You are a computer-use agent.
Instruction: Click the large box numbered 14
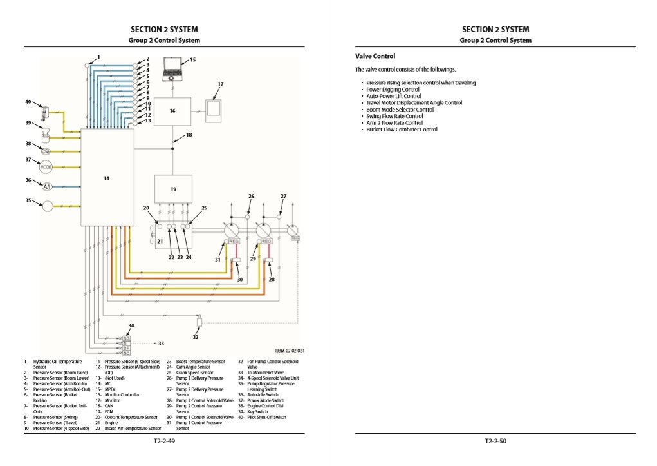click(107, 177)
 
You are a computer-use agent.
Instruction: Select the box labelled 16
click(172, 111)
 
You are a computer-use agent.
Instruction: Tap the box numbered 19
click(173, 189)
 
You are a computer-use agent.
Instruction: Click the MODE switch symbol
click(46, 166)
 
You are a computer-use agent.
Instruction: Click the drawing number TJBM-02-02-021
click(289, 351)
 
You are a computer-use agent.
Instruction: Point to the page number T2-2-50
click(496, 442)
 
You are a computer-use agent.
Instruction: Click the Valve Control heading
click(375, 56)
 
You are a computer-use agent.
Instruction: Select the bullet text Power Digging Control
click(393, 90)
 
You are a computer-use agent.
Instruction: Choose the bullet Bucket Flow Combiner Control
click(402, 130)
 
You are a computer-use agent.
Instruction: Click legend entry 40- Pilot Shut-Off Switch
click(262, 417)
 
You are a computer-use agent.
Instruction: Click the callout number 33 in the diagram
click(161, 344)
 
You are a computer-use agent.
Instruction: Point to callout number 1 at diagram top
click(98, 57)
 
